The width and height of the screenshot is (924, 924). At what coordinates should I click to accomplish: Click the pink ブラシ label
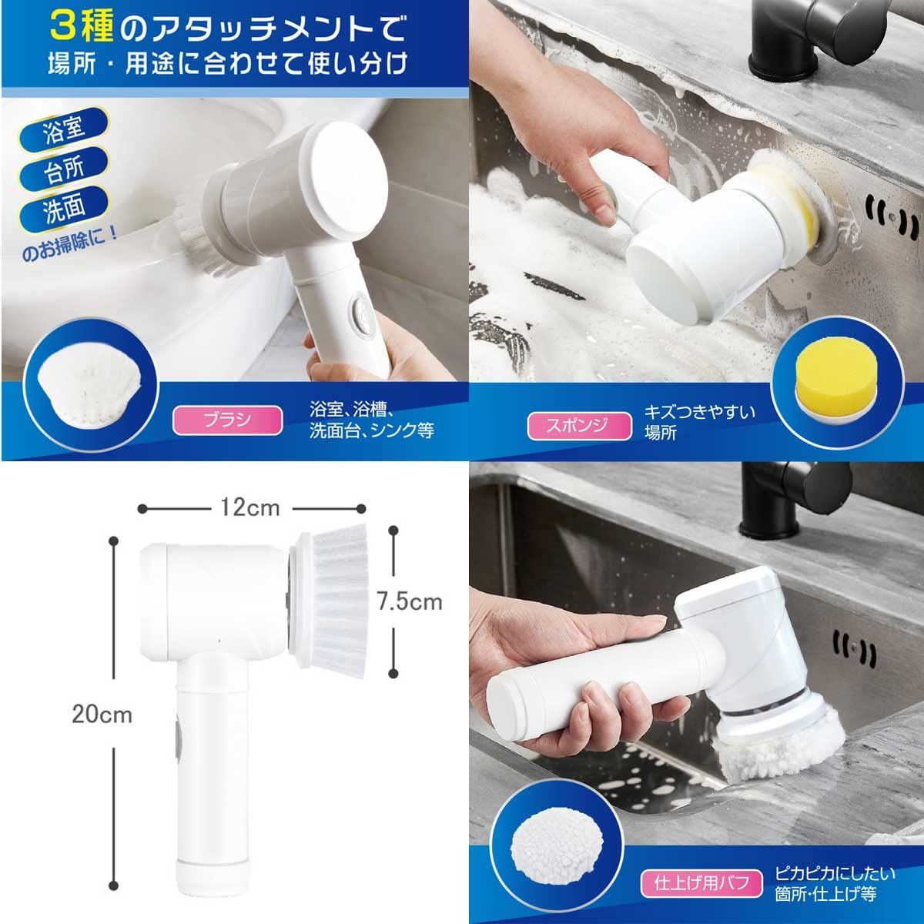[x=227, y=420]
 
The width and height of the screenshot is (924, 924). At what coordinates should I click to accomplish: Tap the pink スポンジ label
[x=579, y=426]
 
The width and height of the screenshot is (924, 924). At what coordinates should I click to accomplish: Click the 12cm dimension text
[x=249, y=507]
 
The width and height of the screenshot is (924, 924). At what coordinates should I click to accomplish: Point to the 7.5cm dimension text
[x=410, y=602]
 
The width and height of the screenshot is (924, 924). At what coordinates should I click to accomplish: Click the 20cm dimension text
[x=102, y=715]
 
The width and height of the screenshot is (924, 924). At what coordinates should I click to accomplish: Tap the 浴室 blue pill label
[x=64, y=128]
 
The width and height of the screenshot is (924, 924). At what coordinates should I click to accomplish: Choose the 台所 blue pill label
[x=64, y=167]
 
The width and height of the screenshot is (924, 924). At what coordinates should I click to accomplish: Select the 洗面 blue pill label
[x=64, y=206]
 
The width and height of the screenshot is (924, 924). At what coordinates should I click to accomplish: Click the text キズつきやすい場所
[x=700, y=423]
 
